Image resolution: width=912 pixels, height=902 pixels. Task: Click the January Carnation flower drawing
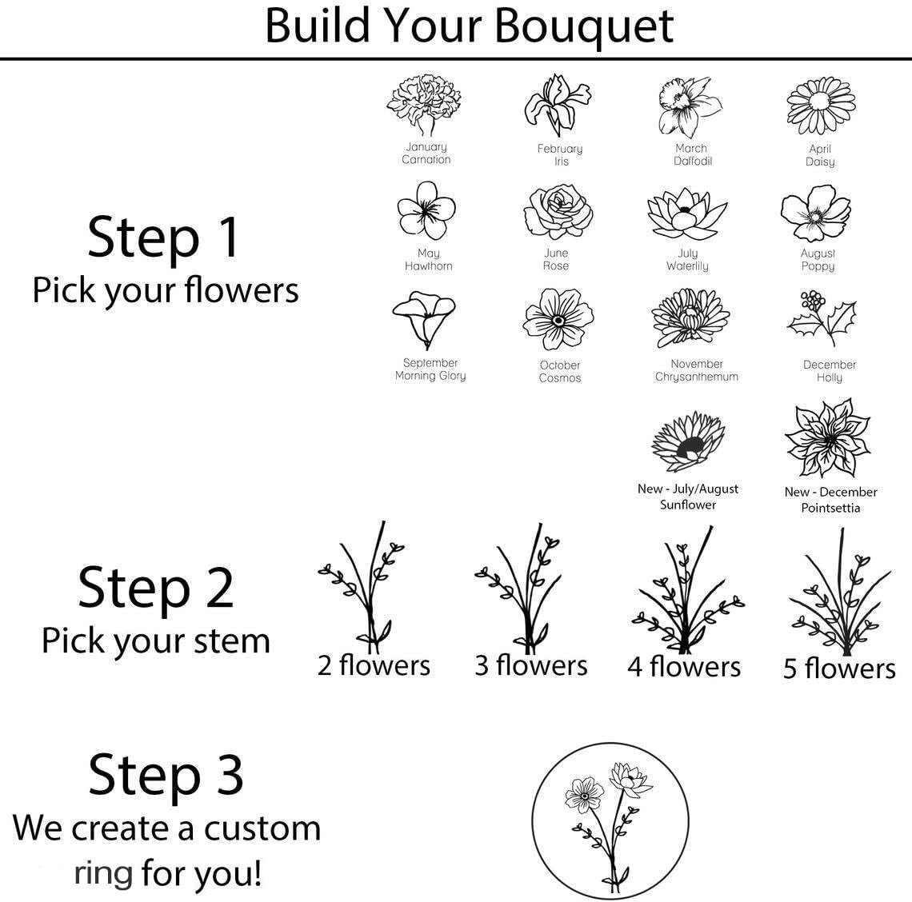coord(424,106)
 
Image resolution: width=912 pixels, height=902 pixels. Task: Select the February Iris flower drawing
coord(558,106)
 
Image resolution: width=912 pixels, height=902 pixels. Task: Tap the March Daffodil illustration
coord(690,108)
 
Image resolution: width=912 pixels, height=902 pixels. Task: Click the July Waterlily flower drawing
coord(687,214)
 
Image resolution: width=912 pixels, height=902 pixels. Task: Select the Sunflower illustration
coord(688,441)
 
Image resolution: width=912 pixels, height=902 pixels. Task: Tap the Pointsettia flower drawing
coord(828,438)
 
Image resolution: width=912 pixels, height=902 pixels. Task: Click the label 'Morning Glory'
coord(430,376)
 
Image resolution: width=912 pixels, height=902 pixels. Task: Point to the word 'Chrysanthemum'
coord(697,377)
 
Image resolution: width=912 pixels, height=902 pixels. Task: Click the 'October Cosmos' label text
coord(559,372)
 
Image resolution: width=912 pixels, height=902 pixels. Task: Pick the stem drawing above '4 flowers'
coord(687,590)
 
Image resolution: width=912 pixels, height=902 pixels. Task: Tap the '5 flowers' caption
coord(839,669)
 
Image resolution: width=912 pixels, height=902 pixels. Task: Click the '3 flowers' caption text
coord(531,666)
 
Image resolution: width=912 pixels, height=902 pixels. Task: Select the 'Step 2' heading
coord(156,588)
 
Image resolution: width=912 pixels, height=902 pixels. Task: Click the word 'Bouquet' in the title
coord(585,26)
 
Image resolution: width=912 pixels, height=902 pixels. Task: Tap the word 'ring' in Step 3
coord(103,873)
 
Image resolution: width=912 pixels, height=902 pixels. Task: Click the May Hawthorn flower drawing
coord(426,210)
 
